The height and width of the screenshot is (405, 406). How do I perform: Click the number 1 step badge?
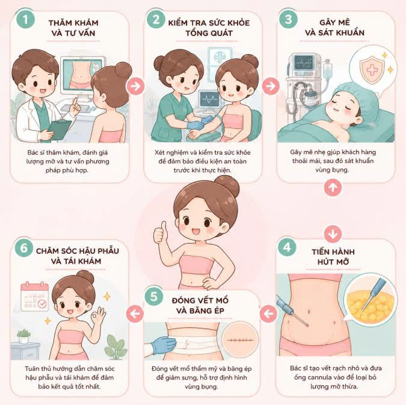point(25,19)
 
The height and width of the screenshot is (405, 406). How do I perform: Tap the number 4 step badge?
point(287,247)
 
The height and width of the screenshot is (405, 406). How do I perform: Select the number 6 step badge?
point(24,248)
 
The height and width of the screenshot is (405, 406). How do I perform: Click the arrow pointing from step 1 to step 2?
point(135,86)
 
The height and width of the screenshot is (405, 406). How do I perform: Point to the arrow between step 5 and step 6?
point(135,314)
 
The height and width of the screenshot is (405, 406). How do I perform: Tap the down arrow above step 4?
point(333,234)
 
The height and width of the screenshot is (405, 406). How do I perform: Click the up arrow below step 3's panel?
point(333,187)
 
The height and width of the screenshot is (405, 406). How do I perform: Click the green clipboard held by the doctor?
point(60,130)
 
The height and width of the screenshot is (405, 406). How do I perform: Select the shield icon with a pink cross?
point(372,69)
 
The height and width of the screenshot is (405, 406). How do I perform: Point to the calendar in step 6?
point(35,297)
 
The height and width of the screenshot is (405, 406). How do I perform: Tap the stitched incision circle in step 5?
point(240,339)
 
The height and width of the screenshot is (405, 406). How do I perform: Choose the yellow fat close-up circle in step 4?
point(371,300)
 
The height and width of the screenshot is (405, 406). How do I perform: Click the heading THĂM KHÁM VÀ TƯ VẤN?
point(73,28)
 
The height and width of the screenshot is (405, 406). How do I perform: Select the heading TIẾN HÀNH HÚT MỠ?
point(333,257)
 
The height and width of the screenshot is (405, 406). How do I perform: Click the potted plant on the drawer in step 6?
point(23,336)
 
